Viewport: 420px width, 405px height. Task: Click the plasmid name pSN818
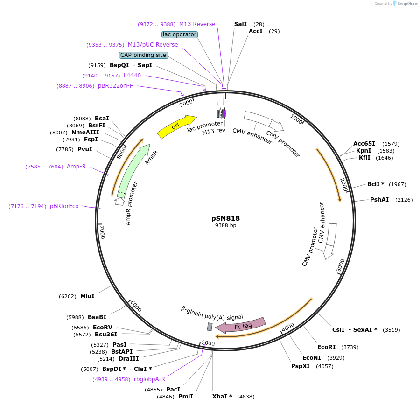click(x=225, y=218)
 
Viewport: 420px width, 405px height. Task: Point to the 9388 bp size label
click(x=225, y=225)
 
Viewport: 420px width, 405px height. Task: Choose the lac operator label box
click(x=180, y=35)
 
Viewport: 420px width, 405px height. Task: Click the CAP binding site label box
click(x=143, y=55)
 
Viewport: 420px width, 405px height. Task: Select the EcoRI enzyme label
click(x=326, y=347)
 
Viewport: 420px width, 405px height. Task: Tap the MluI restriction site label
click(x=87, y=296)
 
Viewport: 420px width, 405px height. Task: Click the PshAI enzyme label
click(x=379, y=200)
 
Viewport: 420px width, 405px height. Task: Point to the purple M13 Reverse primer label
click(x=197, y=24)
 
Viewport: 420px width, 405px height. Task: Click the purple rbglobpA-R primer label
click(x=149, y=379)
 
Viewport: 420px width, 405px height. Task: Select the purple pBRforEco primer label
click(x=64, y=206)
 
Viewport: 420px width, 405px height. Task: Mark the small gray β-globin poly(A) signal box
click(x=210, y=327)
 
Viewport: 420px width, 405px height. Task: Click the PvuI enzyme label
click(x=84, y=149)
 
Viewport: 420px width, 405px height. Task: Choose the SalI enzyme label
click(x=240, y=24)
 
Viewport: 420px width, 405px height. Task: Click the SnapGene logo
click(x=405, y=4)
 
